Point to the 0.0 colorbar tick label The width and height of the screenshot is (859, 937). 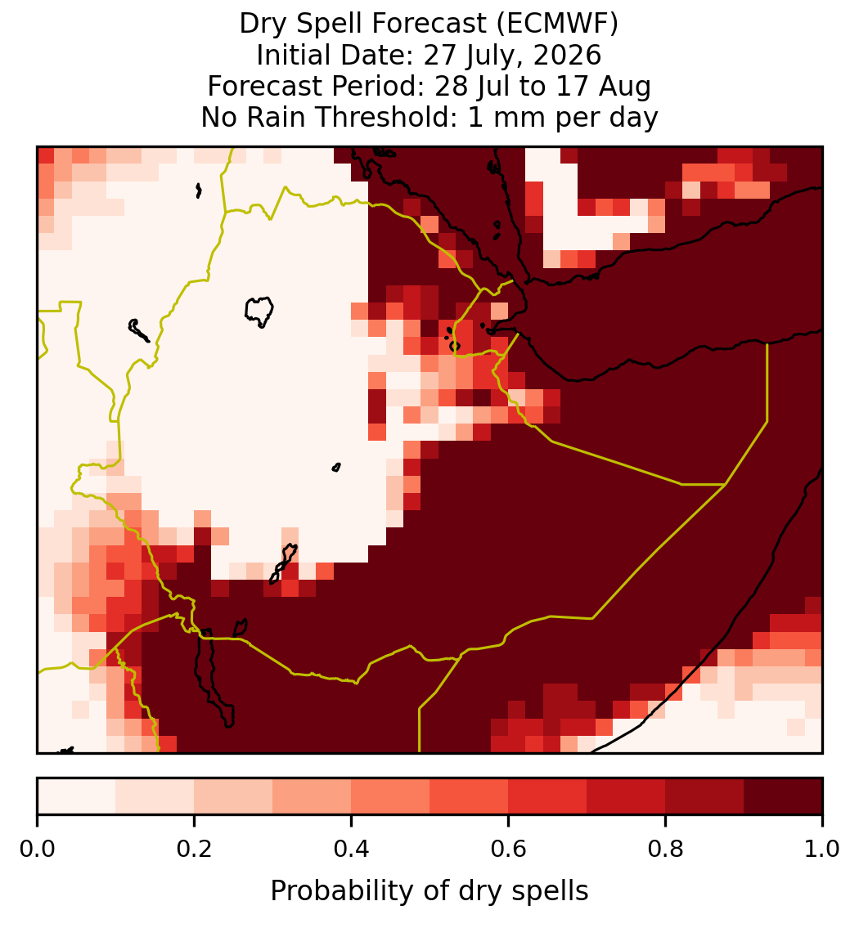[37, 850]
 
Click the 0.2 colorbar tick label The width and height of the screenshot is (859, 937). [194, 850]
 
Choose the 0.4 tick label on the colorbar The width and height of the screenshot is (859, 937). [352, 850]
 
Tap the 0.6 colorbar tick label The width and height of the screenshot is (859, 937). [509, 850]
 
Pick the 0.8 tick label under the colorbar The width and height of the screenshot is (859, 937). [666, 850]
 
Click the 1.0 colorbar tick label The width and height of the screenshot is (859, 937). [822, 850]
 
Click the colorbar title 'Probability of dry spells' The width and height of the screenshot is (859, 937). [429, 891]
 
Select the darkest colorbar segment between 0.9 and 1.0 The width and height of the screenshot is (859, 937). [783, 796]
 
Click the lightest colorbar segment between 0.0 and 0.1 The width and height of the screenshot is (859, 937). [77, 796]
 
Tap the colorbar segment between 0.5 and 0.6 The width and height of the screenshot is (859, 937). [470, 796]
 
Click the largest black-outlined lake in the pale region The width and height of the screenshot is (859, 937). [259, 312]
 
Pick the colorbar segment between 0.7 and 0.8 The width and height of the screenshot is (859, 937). [626, 796]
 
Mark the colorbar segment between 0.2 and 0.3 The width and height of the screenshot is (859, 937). [233, 796]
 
